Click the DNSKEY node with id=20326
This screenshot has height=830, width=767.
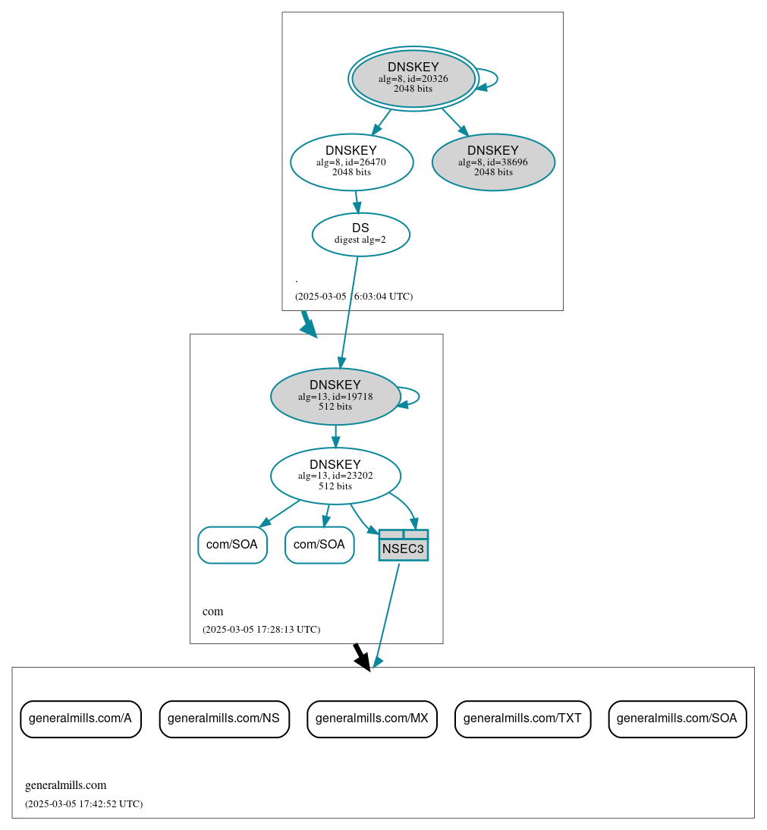pyautogui.click(x=413, y=78)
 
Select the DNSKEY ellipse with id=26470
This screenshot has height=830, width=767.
pyautogui.click(x=351, y=162)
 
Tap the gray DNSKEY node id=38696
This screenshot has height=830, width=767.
pyautogui.click(x=493, y=162)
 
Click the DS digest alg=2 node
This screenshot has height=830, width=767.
pyautogui.click(x=360, y=234)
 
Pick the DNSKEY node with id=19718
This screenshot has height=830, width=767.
pyautogui.click(x=335, y=396)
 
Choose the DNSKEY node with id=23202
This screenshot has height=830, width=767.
pyautogui.click(x=335, y=476)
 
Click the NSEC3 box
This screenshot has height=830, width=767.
pyautogui.click(x=403, y=545)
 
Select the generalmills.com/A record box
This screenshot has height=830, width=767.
pyautogui.click(x=80, y=718)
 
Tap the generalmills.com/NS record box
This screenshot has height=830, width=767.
pyautogui.click(x=224, y=718)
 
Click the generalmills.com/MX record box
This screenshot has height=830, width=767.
pyautogui.click(x=372, y=718)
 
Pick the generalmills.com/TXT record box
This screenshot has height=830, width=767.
pyautogui.click(x=522, y=718)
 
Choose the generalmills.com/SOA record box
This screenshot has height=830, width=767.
pyautogui.click(x=677, y=718)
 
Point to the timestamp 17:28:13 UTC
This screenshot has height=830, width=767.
pyautogui.click(x=261, y=630)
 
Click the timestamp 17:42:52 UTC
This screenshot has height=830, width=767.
pyautogui.click(x=83, y=803)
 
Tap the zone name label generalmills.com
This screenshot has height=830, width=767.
pyautogui.click(x=66, y=785)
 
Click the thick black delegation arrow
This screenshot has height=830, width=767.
pyautogui.click(x=362, y=656)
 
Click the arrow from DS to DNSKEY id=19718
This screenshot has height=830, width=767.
pyautogui.click(x=349, y=311)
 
